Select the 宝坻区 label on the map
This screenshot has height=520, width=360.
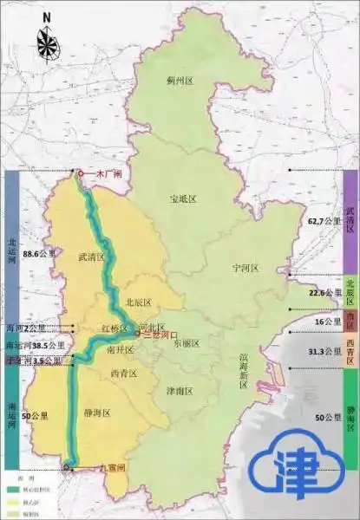click(x=183, y=199)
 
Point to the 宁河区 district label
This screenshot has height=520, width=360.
click(x=245, y=269)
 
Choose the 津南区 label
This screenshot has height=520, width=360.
click(x=180, y=391)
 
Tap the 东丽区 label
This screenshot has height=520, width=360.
click(x=186, y=343)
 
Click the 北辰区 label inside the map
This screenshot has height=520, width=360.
click(x=138, y=302)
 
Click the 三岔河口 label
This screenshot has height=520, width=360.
click(x=160, y=334)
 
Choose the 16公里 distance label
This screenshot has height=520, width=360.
click(x=323, y=322)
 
